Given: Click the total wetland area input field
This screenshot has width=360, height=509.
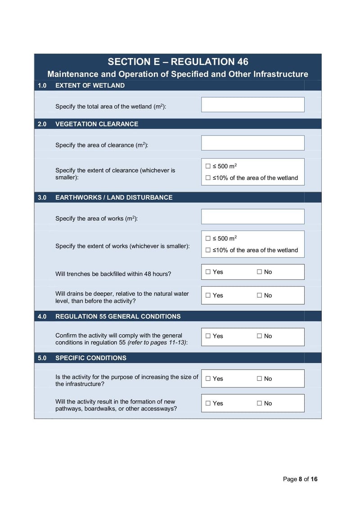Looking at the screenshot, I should (252, 104).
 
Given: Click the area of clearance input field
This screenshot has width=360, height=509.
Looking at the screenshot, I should (252, 143).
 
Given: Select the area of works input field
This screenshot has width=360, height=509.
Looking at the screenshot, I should (252, 216).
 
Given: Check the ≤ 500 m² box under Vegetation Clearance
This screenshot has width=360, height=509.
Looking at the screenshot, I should (208, 167).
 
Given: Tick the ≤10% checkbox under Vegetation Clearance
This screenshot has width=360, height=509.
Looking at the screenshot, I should (208, 178).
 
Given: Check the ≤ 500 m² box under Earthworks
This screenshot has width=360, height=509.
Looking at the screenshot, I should (208, 239).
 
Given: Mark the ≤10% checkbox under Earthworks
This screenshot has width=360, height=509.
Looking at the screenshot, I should (208, 250).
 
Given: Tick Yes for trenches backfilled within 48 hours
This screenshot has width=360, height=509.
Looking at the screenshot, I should (208, 272).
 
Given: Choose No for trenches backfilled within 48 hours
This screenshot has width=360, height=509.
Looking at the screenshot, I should (260, 272).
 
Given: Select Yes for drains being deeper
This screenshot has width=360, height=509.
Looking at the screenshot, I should (208, 295).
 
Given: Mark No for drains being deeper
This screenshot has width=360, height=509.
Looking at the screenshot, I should (260, 295).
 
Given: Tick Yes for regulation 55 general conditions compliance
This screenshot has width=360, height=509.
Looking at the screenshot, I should (208, 336).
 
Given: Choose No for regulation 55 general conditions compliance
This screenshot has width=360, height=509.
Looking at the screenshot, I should (260, 336).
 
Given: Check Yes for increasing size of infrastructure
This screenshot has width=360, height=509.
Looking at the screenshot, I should (208, 379).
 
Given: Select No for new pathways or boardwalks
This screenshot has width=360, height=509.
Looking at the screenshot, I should (260, 404).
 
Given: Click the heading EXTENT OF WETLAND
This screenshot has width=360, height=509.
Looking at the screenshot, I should (90, 86).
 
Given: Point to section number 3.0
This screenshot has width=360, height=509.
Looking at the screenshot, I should (42, 198).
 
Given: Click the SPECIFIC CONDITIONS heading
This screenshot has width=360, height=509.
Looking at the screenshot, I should (90, 358).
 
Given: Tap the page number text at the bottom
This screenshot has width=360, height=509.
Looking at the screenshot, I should (300, 479).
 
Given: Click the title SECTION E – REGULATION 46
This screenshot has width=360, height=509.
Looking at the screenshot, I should (178, 62).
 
